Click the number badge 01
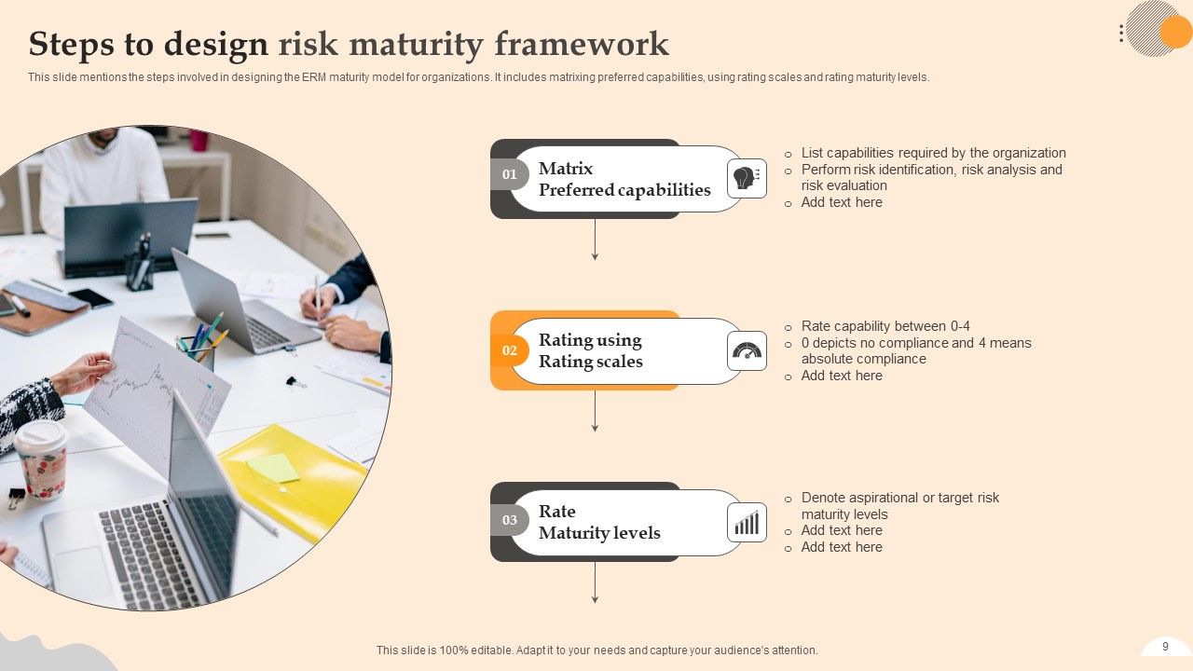(x=510, y=174)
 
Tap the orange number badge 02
(x=510, y=350)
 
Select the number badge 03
(x=510, y=520)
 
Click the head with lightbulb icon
(x=747, y=178)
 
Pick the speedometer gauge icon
(x=747, y=350)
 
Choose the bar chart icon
(x=747, y=523)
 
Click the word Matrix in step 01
(x=566, y=169)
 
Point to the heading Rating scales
(x=591, y=362)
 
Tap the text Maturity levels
(x=599, y=533)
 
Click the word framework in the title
(x=582, y=44)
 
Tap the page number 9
(x=1165, y=647)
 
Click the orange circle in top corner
(x=1176, y=33)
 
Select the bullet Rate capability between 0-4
(x=885, y=326)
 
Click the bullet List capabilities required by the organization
(x=933, y=153)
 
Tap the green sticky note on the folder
(x=273, y=468)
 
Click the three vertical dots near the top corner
(x=1121, y=33)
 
